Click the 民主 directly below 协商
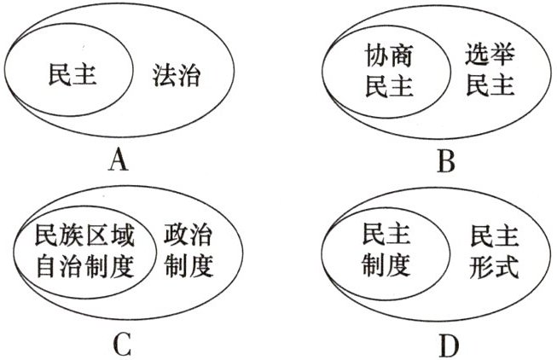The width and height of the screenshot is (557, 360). pos(381,89)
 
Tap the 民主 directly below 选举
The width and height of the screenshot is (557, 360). pos(490,88)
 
